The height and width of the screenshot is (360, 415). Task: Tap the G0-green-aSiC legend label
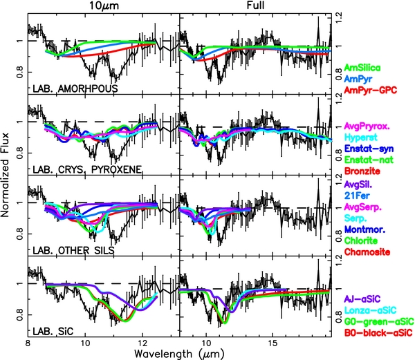(378, 321)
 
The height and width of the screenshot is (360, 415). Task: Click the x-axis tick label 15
(273, 342)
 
